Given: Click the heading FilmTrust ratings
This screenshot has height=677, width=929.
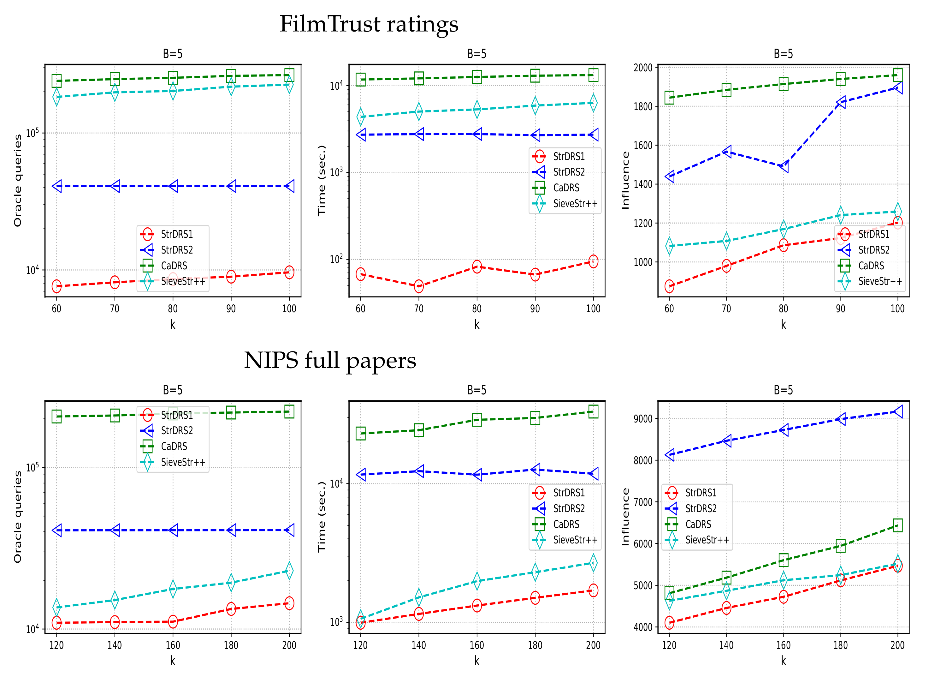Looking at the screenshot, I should pos(369,24).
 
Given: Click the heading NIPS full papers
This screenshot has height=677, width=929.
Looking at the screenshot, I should pos(330,361).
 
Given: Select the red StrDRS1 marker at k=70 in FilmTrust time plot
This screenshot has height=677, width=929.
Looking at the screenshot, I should pos(419,286).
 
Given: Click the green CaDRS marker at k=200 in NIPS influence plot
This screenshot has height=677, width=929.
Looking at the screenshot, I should pos(897,525).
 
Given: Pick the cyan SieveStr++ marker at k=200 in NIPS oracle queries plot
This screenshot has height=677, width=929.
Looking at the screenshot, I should pos(289,571).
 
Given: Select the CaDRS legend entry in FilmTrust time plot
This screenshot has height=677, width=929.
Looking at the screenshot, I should pos(566,188).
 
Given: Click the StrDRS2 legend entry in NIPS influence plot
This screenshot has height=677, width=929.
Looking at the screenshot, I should pos(701,509).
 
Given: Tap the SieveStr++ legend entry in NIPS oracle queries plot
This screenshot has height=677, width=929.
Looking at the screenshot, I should pos(183,462).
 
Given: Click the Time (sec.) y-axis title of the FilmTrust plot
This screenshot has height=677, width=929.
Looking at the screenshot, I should pos(322,180).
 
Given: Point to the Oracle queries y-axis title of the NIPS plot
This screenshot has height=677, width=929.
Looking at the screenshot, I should pos(17,517).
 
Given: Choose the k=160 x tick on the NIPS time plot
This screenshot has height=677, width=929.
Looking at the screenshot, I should pos(477,645).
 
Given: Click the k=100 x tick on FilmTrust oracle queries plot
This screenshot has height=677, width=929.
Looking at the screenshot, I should pos(289,309).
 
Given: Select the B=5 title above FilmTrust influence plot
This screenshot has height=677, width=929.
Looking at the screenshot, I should pos(783,54).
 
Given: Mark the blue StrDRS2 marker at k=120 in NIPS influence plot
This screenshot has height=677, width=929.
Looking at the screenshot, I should pos(669,454).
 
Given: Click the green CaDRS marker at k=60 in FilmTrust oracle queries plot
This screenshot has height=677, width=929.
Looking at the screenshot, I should pos(56,81).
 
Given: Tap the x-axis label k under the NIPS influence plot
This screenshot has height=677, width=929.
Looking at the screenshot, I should pos(783,661).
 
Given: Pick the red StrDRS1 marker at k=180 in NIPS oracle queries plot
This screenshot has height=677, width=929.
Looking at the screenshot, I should pos(231,608).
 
